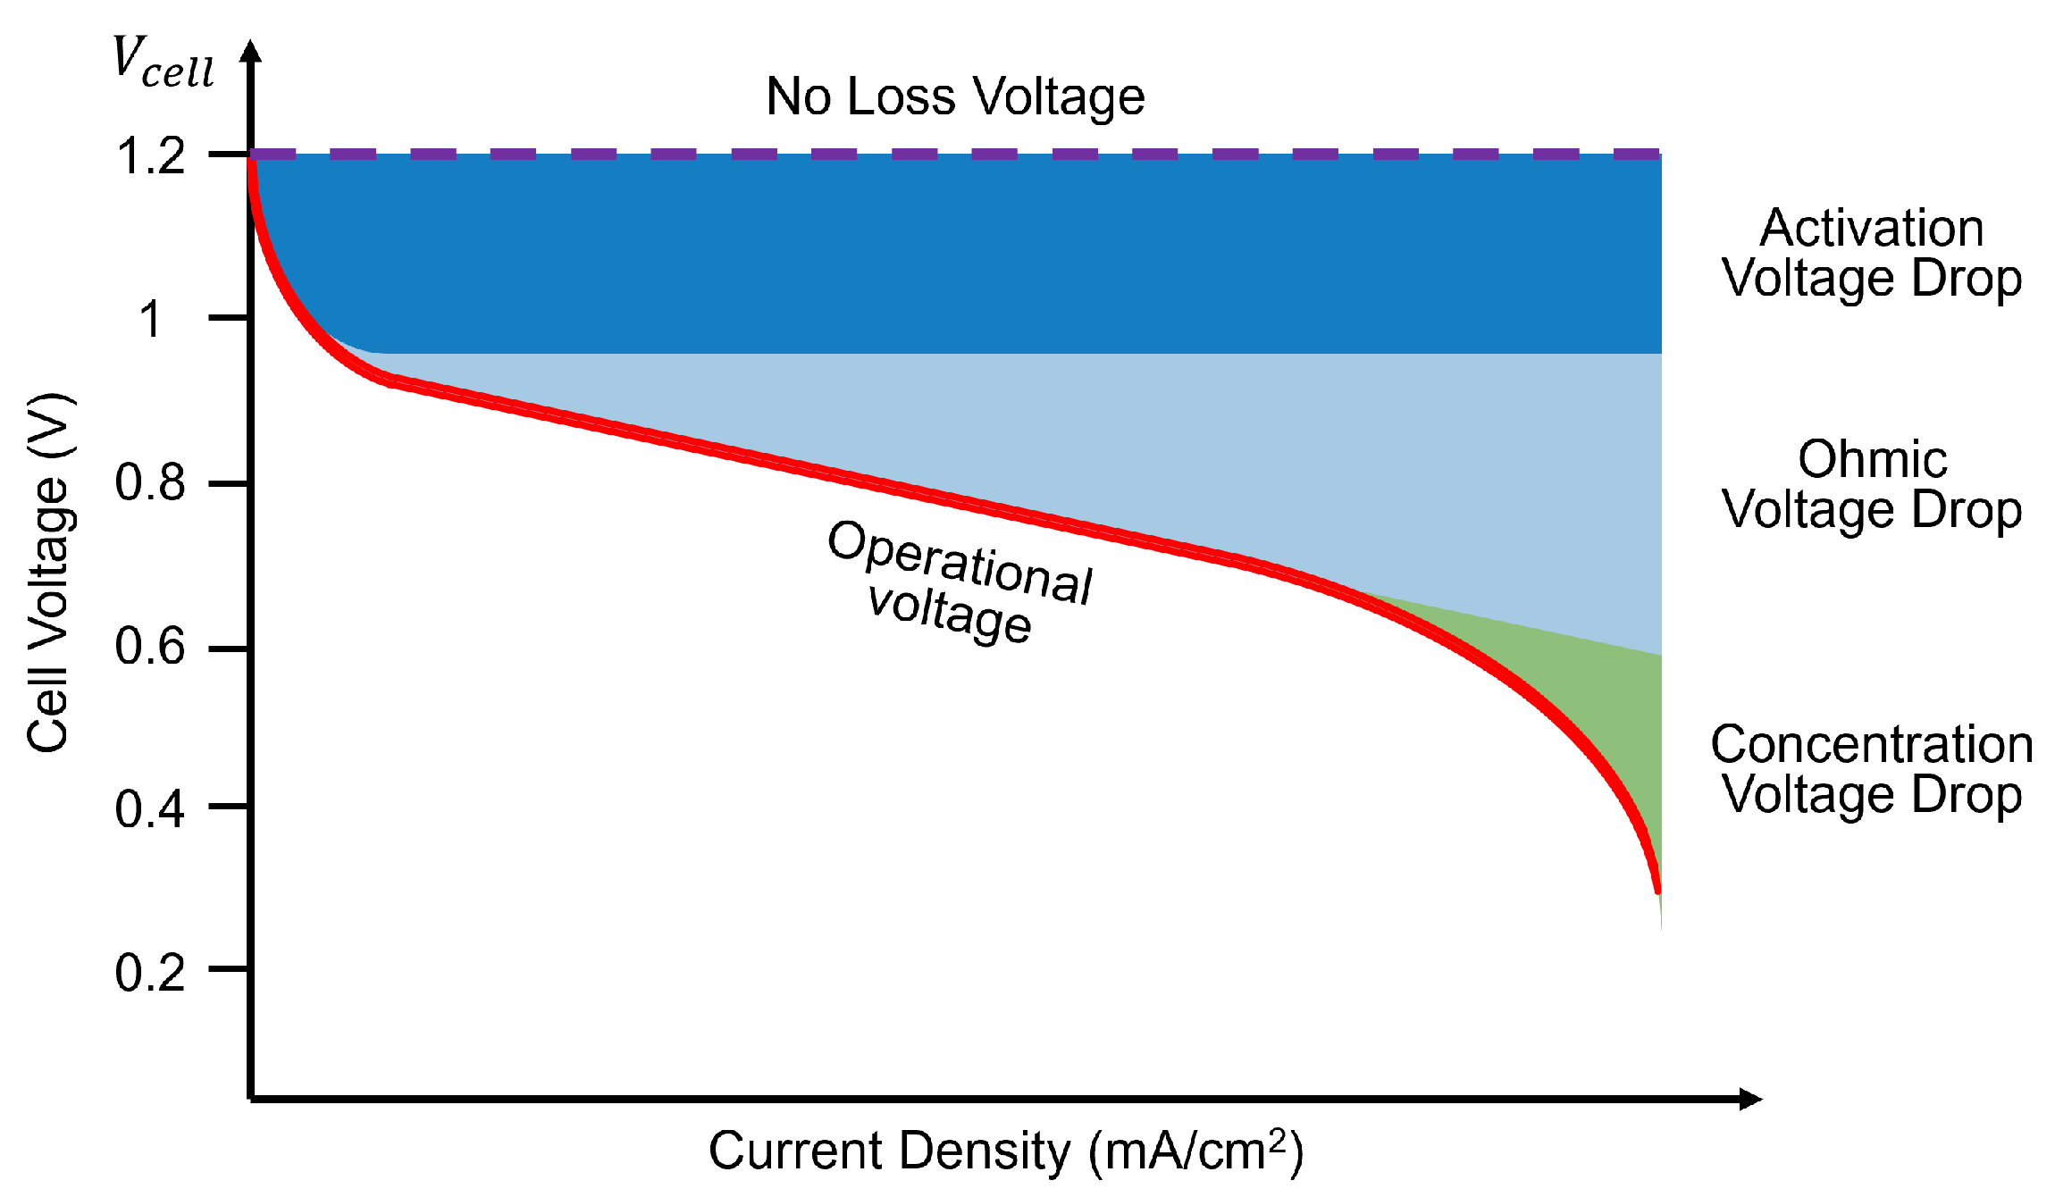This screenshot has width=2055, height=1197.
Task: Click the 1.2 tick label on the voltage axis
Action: pyautogui.click(x=150, y=156)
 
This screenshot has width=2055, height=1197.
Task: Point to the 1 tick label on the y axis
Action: pyautogui.click(x=150, y=319)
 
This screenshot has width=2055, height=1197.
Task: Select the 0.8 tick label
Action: pyautogui.click(x=150, y=482)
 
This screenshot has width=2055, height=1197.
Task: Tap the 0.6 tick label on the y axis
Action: pyautogui.click(x=150, y=646)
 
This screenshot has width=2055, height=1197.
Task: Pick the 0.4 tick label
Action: pyautogui.click(x=150, y=808)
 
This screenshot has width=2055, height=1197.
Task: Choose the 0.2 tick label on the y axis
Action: pyautogui.click(x=150, y=972)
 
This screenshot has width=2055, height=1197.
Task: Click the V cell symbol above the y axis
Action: pyautogui.click(x=164, y=63)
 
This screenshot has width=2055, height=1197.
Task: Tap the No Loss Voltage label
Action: pyautogui.click(x=955, y=96)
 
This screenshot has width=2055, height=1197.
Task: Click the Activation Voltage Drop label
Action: pyautogui.click(x=1872, y=253)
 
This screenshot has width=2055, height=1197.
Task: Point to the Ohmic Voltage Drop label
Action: pyautogui.click(x=1872, y=484)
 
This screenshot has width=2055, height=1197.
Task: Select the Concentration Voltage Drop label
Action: pyautogui.click(x=1872, y=769)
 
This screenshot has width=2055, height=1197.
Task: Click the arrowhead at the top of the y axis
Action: pyautogui.click(x=252, y=51)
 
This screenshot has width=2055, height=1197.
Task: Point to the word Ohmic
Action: pyautogui.click(x=1872, y=460)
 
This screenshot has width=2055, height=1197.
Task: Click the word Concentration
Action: pyautogui.click(x=1872, y=744)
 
